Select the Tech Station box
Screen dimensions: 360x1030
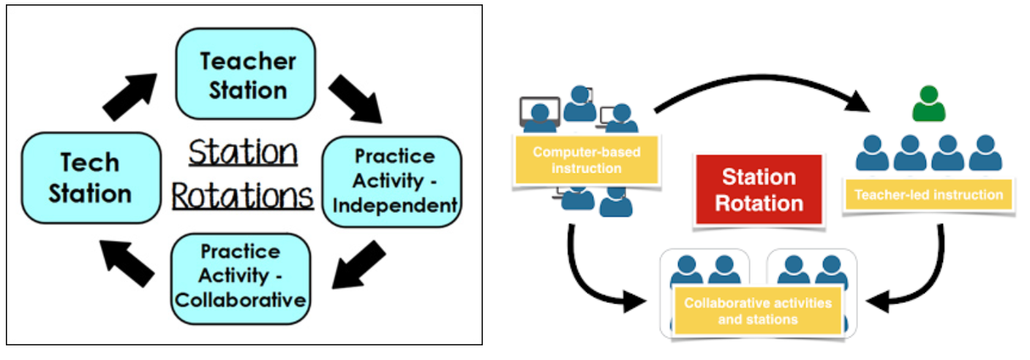[91, 178]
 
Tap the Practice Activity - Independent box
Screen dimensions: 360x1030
[394, 181]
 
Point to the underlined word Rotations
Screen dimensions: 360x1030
[243, 196]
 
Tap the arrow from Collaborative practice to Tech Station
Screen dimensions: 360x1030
[127, 263]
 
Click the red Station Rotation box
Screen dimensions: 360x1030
[759, 189]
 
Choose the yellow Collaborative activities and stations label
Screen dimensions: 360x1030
[757, 311]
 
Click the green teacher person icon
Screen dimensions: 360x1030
[928, 105]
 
